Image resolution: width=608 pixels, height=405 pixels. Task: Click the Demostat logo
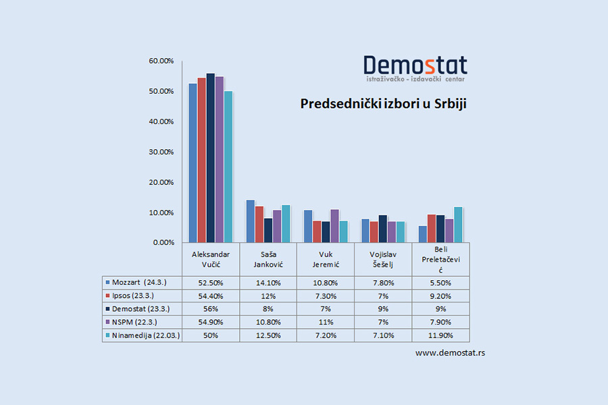pos(415,67)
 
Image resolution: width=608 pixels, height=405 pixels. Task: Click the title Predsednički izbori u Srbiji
pos(384,105)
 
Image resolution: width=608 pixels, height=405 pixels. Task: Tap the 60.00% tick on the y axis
pos(161,61)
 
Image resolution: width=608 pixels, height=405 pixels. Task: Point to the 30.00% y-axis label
pos(161,152)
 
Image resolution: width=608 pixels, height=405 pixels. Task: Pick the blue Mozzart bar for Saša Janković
pos(250,221)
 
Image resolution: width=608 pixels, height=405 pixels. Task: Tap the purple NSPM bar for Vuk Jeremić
pos(334,225)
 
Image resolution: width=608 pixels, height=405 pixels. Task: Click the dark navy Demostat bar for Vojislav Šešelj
pos(383,228)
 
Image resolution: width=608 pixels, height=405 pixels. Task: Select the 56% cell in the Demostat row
pos(211,308)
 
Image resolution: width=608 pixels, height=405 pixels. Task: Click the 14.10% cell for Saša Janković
pos(268,282)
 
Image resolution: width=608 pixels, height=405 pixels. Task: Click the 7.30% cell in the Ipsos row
pos(326,296)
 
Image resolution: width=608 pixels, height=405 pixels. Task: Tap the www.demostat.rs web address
pos(450,353)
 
